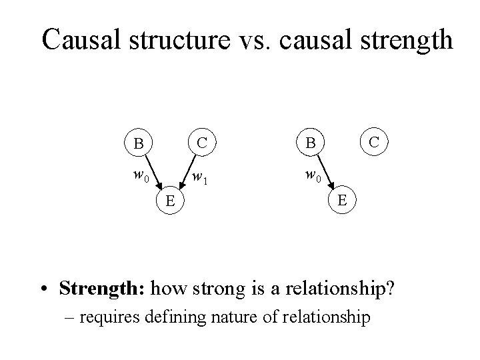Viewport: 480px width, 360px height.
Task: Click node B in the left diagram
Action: coord(138,143)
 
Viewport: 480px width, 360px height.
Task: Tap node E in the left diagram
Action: coord(170,200)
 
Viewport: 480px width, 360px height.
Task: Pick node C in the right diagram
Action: coord(374,142)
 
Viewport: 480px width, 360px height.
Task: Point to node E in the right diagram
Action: coord(341,200)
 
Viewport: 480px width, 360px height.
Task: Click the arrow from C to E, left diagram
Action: coord(185,173)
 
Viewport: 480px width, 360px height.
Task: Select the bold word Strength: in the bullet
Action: coord(102,289)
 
